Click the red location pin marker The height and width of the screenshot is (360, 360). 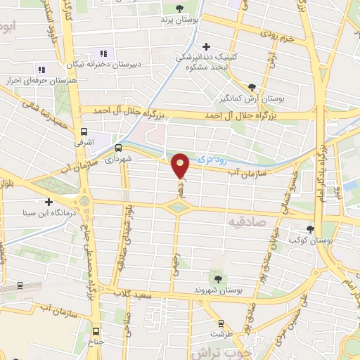click(181, 166)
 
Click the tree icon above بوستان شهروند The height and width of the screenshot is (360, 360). click(215, 278)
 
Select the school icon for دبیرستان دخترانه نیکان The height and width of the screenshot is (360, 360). click(104, 53)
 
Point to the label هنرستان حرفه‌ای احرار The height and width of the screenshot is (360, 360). click(42, 79)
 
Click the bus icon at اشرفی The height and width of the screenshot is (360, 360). click(84, 131)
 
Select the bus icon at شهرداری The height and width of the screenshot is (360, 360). click(117, 148)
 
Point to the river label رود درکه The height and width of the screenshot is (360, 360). click(210, 160)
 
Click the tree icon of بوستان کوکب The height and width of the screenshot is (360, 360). click(310, 229)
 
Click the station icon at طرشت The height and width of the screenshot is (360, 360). click(222, 324)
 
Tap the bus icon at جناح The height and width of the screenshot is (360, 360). click(96, 333)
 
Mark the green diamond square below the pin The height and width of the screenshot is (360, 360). click(178, 206)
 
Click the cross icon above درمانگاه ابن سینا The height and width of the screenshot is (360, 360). click(49, 202)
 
